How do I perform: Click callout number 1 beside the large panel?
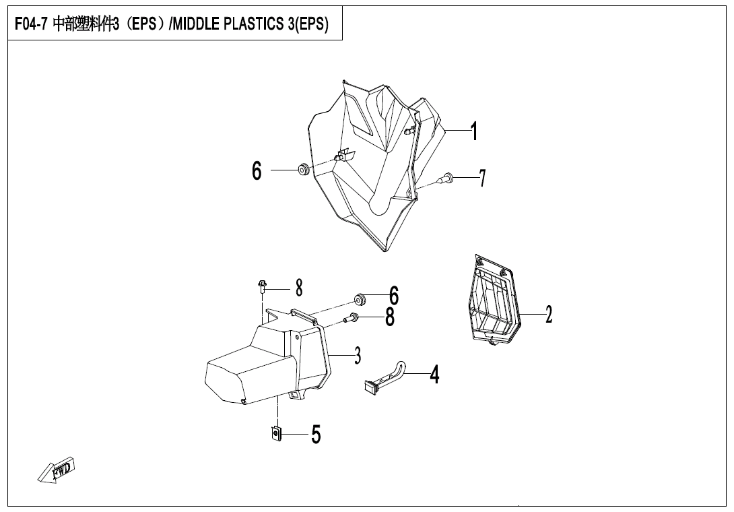click(x=474, y=131)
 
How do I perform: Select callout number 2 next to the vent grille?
click(x=549, y=314)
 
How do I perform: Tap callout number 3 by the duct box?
click(x=358, y=354)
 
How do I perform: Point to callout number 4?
click(x=434, y=374)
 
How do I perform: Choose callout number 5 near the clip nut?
click(x=315, y=435)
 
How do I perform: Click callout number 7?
click(x=481, y=178)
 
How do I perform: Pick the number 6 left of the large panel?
click(x=257, y=171)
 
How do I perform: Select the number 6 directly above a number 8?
click(x=393, y=295)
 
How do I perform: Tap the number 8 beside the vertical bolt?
click(x=299, y=288)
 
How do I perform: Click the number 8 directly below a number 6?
click(x=390, y=317)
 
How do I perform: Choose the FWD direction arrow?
click(x=57, y=469)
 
